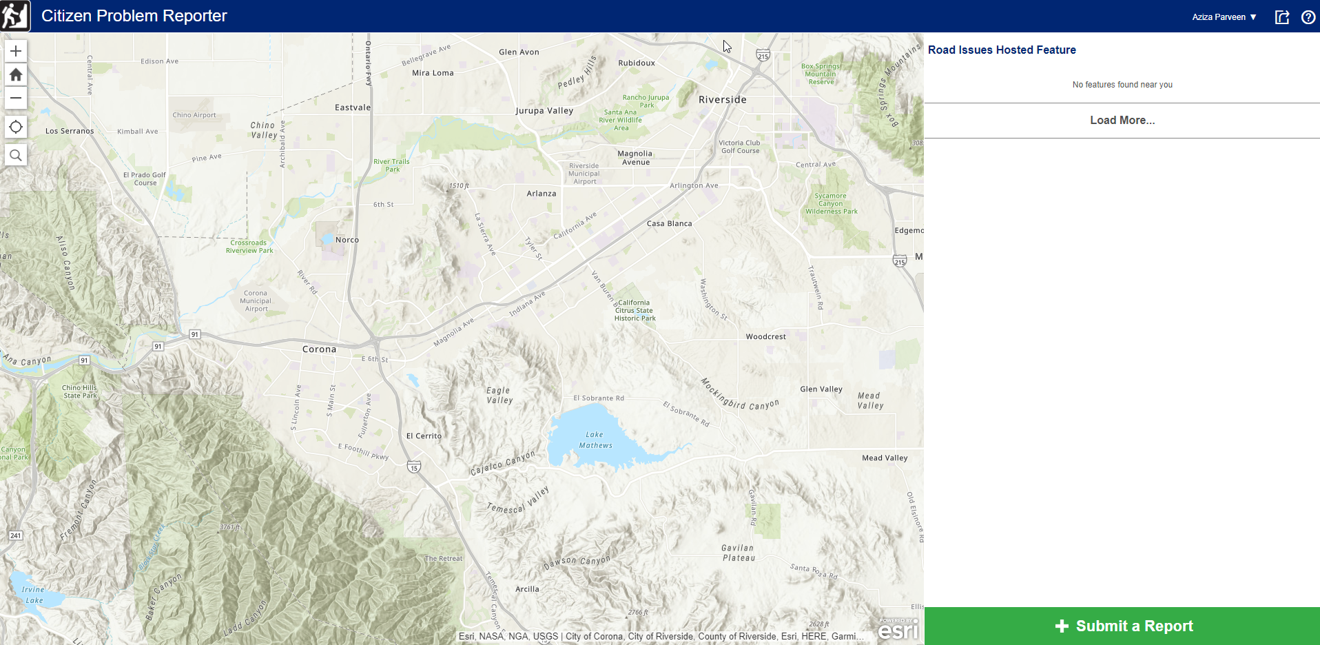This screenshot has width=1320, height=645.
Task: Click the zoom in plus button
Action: [x=16, y=51]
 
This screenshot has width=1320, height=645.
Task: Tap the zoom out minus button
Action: [x=16, y=98]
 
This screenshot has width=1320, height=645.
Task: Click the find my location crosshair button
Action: [x=16, y=127]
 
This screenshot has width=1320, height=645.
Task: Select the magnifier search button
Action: [x=16, y=155]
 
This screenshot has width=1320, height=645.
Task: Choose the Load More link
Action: [x=1122, y=120]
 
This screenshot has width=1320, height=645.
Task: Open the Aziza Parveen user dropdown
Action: [x=1224, y=17]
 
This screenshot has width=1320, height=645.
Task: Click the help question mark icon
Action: [x=1308, y=17]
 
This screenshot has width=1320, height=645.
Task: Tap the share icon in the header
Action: [x=1281, y=17]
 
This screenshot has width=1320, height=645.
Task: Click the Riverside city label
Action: [x=722, y=99]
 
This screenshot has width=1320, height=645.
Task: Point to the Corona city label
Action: [x=319, y=349]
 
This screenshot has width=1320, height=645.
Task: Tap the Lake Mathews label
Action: [x=595, y=440]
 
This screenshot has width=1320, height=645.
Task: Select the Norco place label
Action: [x=347, y=240]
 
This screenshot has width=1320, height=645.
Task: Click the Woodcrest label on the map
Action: [x=765, y=336]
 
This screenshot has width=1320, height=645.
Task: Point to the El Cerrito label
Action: [x=424, y=436]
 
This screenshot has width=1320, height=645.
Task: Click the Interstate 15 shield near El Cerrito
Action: [x=414, y=467]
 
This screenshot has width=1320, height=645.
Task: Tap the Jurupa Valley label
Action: [x=544, y=110]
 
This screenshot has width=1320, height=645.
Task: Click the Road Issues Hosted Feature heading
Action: [x=1001, y=50]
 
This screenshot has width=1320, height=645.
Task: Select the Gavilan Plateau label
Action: [x=738, y=553]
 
